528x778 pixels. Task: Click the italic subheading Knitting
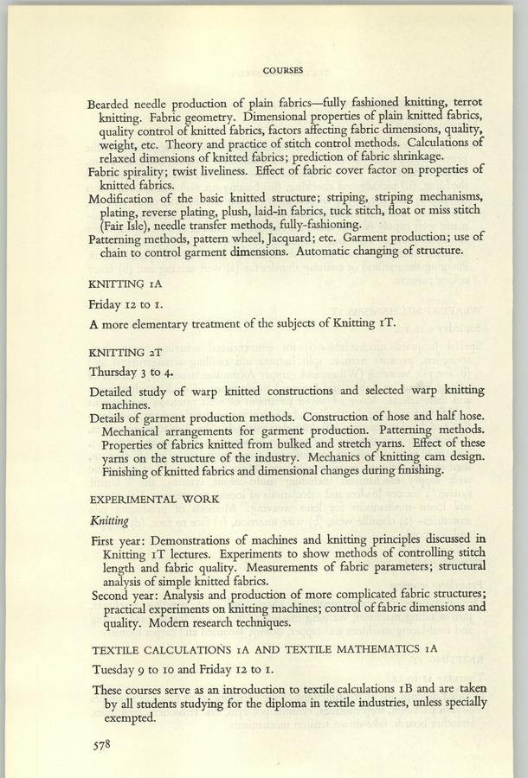click(x=109, y=520)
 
